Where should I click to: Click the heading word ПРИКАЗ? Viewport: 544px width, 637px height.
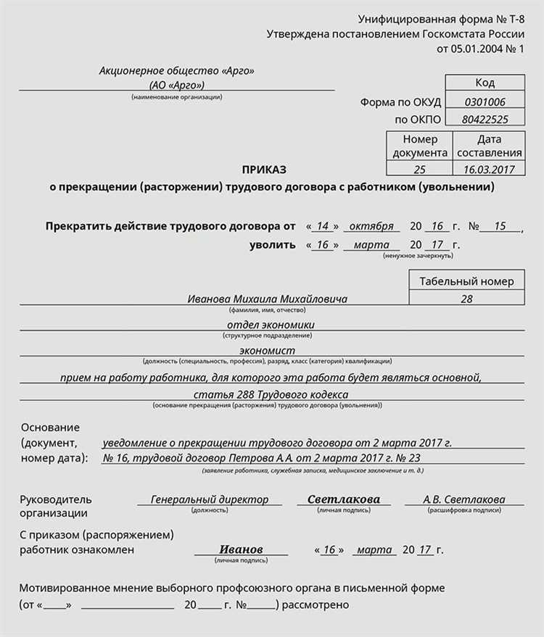click(265, 169)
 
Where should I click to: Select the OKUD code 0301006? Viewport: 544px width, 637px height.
click(485, 102)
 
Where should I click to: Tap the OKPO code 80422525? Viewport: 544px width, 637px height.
click(485, 119)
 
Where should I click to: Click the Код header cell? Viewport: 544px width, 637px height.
click(485, 83)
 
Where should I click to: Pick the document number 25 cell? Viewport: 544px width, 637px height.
click(419, 169)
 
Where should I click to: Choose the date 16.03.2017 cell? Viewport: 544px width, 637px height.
click(489, 169)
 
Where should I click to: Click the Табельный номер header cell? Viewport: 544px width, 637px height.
click(466, 281)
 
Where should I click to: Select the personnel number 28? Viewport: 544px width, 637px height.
click(466, 299)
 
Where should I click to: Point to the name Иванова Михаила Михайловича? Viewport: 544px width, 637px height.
click(267, 299)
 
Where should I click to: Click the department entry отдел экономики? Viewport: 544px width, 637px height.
click(271, 325)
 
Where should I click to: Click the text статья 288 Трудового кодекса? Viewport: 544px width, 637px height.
click(271, 394)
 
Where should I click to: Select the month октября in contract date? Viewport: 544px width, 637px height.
click(371, 226)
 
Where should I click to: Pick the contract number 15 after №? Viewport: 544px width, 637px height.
click(499, 226)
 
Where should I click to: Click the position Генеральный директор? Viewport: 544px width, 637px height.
click(210, 499)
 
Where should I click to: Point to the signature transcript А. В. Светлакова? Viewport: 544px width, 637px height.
click(464, 499)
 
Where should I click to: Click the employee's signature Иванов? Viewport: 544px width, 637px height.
click(241, 549)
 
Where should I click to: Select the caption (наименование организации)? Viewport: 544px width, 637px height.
click(177, 97)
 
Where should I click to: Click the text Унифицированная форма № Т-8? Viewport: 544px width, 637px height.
click(441, 19)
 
